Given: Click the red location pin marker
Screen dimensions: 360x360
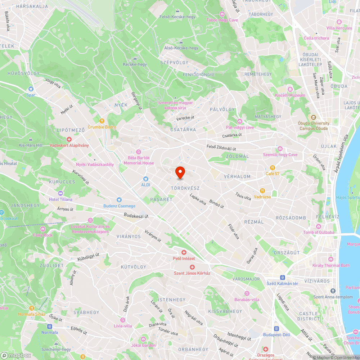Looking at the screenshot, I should tap(180, 172).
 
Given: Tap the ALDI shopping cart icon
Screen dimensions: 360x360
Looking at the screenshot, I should tap(145, 179).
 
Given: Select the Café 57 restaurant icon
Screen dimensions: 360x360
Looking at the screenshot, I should tap(273, 168).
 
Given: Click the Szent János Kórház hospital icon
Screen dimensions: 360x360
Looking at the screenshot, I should tap(192, 267).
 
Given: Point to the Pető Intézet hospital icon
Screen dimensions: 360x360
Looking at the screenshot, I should tap(184, 252).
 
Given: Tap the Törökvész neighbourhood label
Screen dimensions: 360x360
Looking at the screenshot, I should tap(185, 188).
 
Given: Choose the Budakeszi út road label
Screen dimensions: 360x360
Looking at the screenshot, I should tap(136, 216).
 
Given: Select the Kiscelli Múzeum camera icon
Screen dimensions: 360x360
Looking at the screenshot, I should tap(290, 89).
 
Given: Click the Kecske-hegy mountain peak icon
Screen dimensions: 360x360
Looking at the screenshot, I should tap(135, 58).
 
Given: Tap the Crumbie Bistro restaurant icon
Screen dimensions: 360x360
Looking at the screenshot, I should tap(102, 121).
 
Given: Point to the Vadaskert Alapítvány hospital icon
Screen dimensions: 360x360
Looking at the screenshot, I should tap(69, 139).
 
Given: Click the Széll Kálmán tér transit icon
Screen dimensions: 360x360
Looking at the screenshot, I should tap(282, 278).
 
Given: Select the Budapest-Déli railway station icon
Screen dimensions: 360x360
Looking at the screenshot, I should tap(276, 328).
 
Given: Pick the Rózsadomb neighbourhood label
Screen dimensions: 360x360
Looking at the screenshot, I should tap(291, 218).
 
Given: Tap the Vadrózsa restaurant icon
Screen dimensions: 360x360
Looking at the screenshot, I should tap(262, 191).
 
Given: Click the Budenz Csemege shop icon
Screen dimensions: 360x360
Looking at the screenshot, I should tap(119, 200).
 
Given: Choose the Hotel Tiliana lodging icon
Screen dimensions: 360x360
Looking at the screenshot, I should tap(60, 193).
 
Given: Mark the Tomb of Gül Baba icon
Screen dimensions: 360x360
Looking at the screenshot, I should tap(319, 226).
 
